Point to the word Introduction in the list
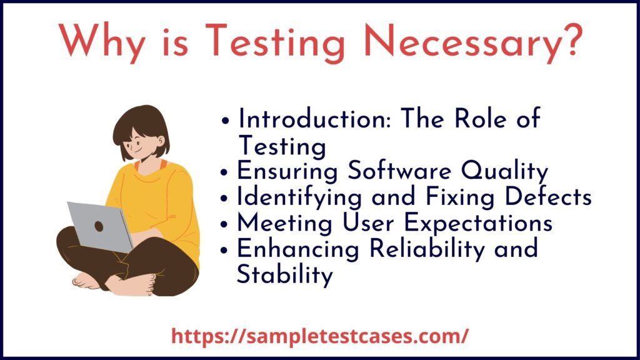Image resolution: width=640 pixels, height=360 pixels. point(309,119)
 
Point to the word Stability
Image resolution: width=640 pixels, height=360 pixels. point(284,275)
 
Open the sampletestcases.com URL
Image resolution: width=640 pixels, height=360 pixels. point(319,336)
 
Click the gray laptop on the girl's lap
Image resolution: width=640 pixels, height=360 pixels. point(100,225)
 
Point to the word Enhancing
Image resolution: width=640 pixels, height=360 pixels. point(294,249)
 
